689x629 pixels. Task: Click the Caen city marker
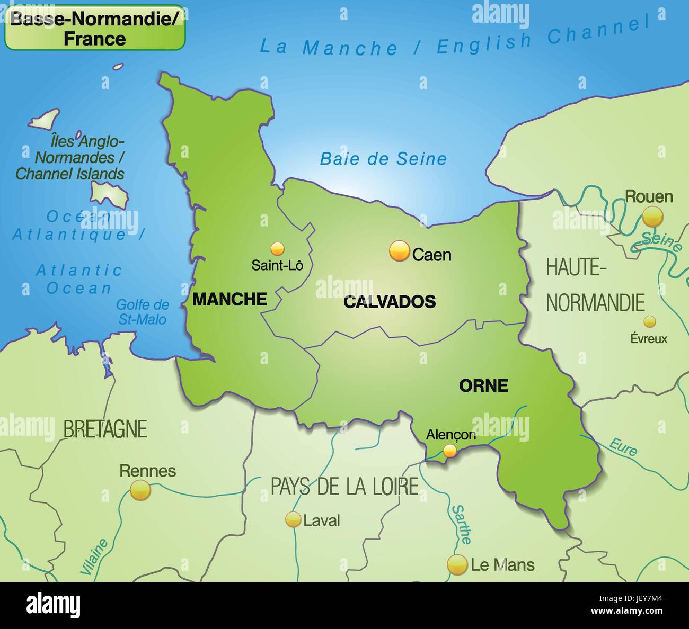pos(400,251)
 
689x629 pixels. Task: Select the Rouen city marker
pos(652,216)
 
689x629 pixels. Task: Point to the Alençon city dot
pos(450,451)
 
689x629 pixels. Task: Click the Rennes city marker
pos(140,490)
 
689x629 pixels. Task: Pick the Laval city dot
pos(293,519)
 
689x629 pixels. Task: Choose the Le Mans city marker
pos(457,564)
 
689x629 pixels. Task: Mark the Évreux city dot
pos(649,321)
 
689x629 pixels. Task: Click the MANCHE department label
pos(229,299)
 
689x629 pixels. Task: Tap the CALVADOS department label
pos(390,302)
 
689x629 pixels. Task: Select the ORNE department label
pos(483,385)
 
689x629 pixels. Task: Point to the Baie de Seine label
pos(383,158)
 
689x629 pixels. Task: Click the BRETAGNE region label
pos(105,429)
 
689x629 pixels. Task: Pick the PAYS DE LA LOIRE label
pos(344,486)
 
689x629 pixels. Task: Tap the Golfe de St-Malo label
pos(142,312)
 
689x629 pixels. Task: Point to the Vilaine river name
pos(94,556)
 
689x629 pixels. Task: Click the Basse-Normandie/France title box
pos(95,28)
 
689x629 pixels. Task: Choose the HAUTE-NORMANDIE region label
pos(595,285)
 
